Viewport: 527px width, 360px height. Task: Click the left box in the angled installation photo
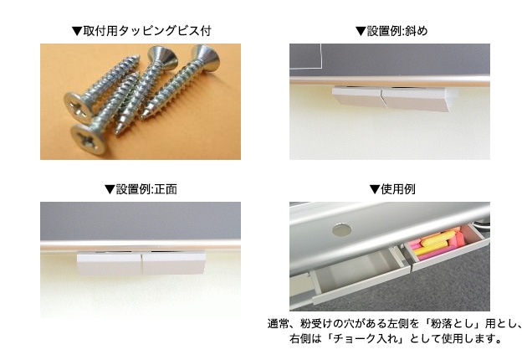click(356, 99)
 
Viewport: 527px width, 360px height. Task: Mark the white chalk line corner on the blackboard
click(318, 62)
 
